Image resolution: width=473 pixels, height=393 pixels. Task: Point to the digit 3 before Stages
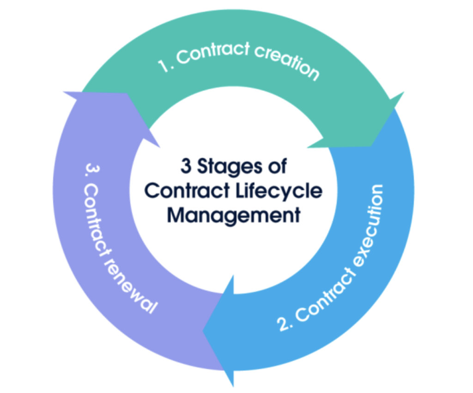pos(185,166)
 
